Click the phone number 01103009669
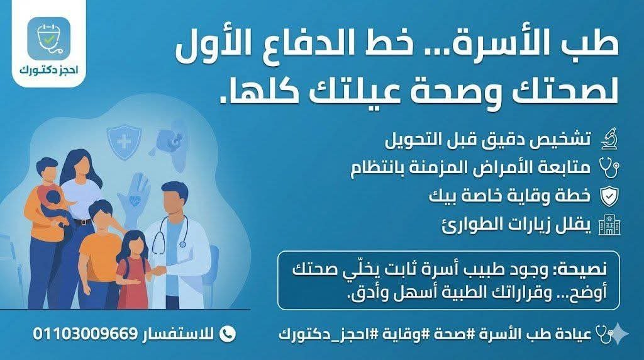tap(85, 332)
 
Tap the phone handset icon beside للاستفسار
tap(229, 332)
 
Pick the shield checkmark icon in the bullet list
tap(608, 197)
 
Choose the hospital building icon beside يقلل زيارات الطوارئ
tap(608, 225)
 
